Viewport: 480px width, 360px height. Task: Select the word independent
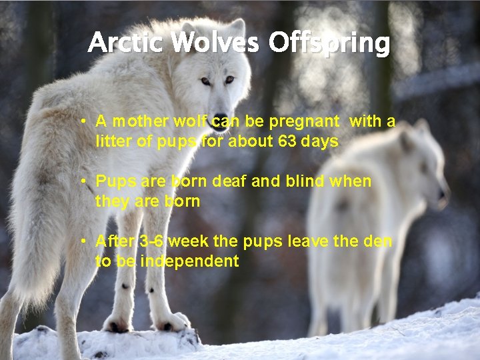(189, 261)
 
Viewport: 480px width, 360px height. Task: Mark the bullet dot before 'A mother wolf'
(82, 122)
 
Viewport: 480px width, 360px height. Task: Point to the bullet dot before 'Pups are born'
(82, 182)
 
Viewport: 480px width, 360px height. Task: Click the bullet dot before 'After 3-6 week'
(82, 241)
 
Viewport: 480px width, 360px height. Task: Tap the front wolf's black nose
(220, 123)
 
